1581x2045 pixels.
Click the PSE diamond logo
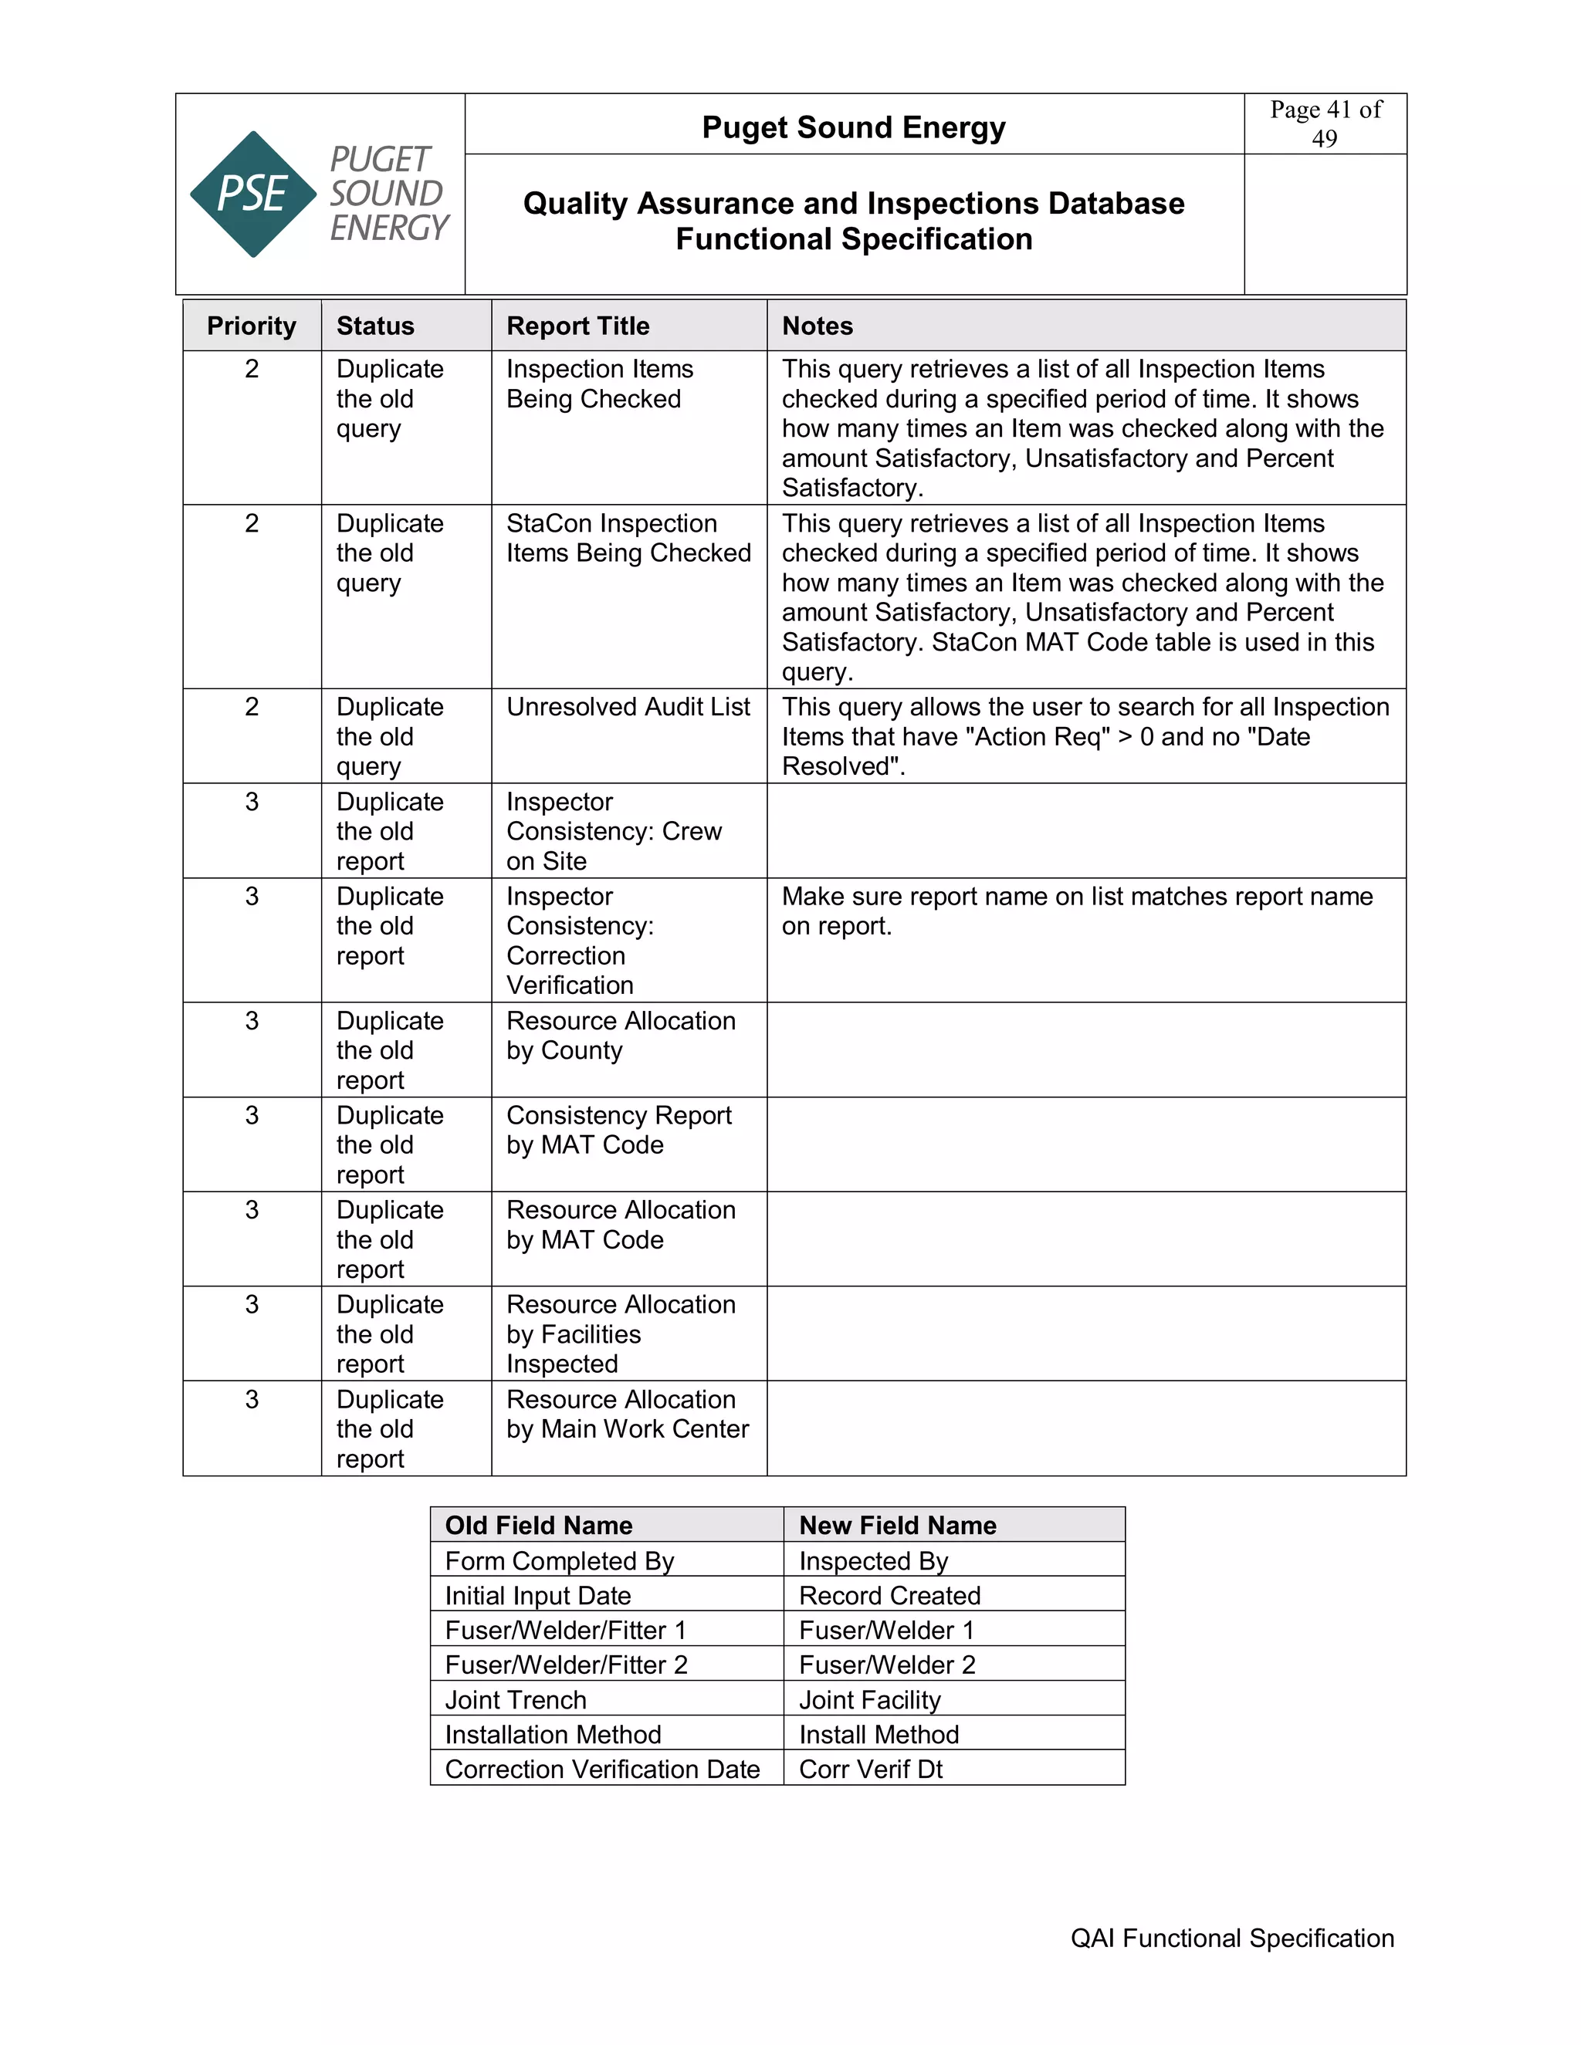click(x=253, y=194)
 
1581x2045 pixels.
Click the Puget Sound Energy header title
click(x=853, y=127)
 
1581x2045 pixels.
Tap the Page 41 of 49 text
click(x=1325, y=123)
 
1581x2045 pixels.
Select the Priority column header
click(x=251, y=326)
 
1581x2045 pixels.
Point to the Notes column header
click(x=817, y=326)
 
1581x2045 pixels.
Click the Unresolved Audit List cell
click(x=628, y=707)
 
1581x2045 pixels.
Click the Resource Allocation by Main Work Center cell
click(x=627, y=1414)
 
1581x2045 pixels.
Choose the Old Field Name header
click(x=539, y=1526)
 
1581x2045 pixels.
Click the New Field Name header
click(x=896, y=1526)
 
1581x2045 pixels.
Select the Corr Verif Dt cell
click(x=870, y=1769)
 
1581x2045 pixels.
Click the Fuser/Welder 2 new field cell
click(x=886, y=1665)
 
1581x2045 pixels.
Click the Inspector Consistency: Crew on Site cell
click(x=614, y=830)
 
